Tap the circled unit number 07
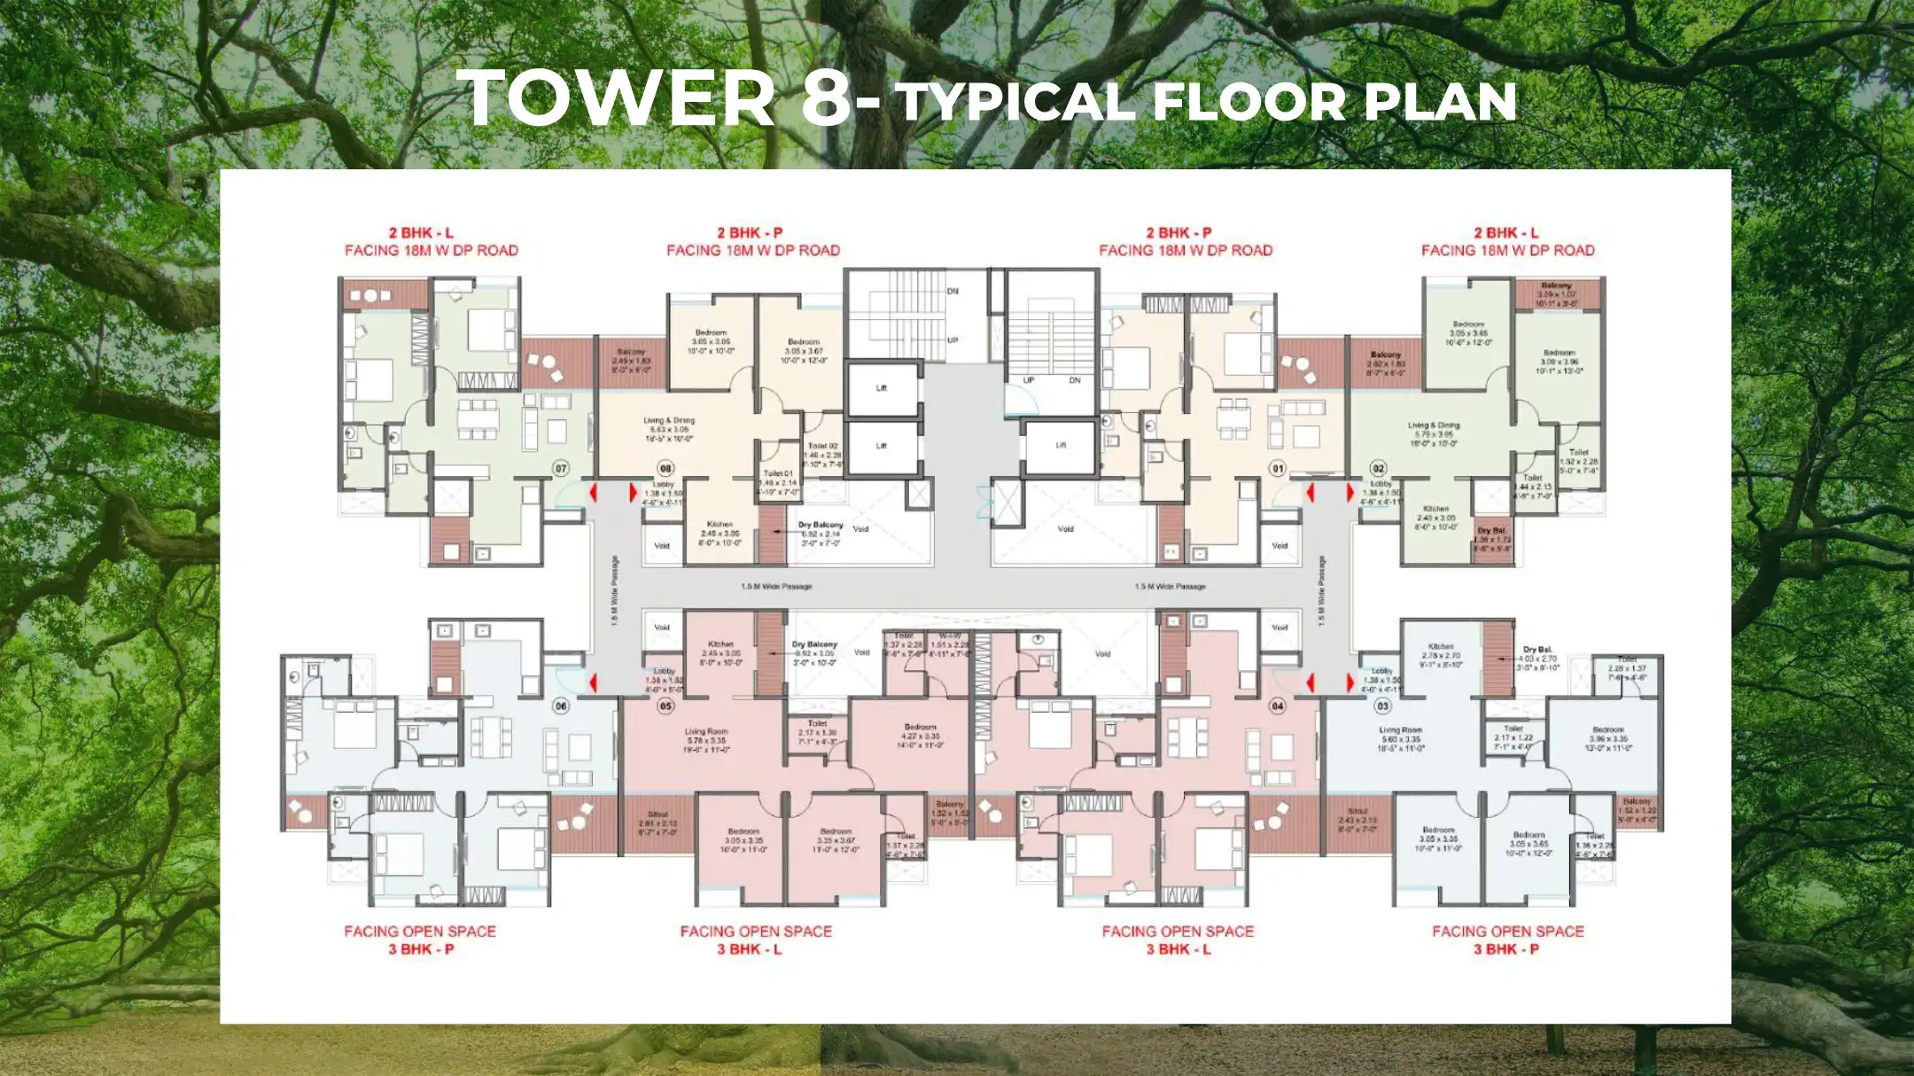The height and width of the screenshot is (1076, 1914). click(x=560, y=468)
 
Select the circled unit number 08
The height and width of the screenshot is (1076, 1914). click(x=665, y=468)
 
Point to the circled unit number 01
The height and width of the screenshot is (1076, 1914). click(x=1277, y=468)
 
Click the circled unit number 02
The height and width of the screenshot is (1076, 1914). click(x=1378, y=468)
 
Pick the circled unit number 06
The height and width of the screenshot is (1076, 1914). click(x=560, y=706)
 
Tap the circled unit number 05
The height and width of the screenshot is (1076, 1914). click(x=665, y=706)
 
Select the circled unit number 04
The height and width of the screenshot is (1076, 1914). click(x=1277, y=706)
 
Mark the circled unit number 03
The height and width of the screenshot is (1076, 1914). click(x=1382, y=706)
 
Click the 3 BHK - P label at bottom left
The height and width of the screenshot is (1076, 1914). click(x=421, y=949)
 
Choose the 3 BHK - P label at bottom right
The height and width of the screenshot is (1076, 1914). click(x=1506, y=949)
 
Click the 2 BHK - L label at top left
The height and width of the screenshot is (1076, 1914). click(x=421, y=233)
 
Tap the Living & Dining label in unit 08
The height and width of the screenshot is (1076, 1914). click(x=669, y=421)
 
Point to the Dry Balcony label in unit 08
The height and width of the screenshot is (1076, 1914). click(x=821, y=525)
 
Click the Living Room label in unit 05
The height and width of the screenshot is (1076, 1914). click(x=706, y=732)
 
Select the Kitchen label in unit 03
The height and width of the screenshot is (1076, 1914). click(x=1441, y=646)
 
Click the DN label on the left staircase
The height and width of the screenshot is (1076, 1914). click(x=953, y=291)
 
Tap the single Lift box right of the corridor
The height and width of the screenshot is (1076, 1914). click(x=1061, y=445)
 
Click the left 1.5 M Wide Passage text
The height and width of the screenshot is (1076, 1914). click(x=776, y=587)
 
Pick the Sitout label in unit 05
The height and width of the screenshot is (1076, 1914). click(x=657, y=814)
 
